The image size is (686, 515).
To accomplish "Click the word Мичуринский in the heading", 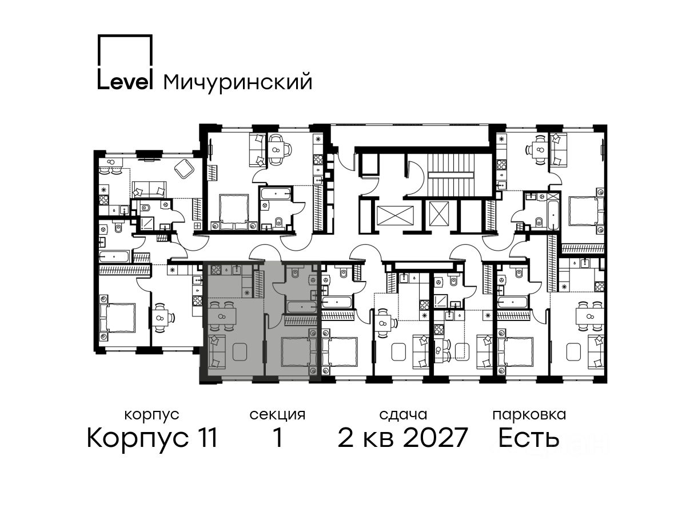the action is (x=237, y=82).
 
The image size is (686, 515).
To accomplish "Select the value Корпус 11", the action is (x=152, y=438).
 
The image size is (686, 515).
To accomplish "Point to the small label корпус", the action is (x=152, y=415).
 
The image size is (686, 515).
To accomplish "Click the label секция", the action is (x=277, y=415).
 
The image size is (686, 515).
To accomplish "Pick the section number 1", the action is (x=277, y=438).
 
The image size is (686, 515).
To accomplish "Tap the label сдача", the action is (x=403, y=415).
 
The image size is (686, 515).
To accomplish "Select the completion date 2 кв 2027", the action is (x=402, y=438).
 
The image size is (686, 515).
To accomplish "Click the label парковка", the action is (x=529, y=415).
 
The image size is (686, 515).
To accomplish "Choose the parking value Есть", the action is (x=528, y=438).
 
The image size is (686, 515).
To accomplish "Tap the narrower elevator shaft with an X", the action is (x=439, y=213).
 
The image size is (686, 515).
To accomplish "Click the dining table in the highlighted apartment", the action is (x=222, y=316).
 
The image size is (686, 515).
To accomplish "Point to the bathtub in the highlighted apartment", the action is (x=302, y=307).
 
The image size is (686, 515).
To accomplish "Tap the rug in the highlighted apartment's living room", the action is (x=240, y=351).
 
